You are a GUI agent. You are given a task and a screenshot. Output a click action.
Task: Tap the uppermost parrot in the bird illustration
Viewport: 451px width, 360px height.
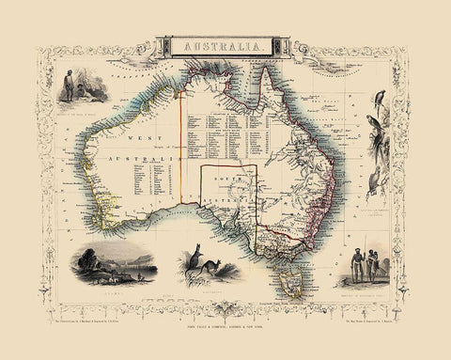(380, 98)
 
